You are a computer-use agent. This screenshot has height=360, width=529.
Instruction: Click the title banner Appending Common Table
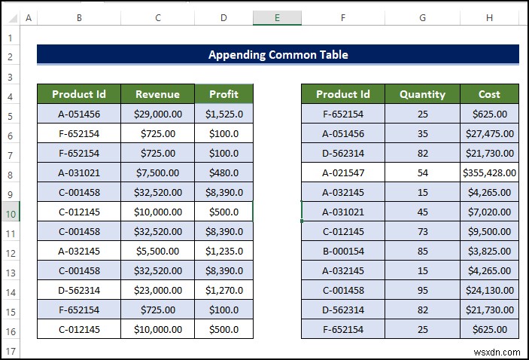click(x=278, y=54)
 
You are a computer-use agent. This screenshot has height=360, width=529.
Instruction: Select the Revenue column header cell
click(x=157, y=94)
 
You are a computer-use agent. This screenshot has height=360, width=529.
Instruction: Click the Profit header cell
click(x=223, y=94)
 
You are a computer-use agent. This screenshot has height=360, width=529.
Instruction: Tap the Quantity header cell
click(x=422, y=94)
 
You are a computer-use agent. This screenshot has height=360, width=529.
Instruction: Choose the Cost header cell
click(x=489, y=94)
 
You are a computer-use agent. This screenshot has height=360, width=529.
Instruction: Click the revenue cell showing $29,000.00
click(x=157, y=114)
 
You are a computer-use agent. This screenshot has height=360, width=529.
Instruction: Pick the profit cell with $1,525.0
click(x=223, y=114)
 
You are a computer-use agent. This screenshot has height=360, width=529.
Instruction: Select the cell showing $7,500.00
click(x=157, y=172)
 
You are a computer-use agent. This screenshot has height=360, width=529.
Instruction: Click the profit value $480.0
click(x=223, y=172)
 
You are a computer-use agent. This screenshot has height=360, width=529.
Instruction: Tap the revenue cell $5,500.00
click(x=157, y=251)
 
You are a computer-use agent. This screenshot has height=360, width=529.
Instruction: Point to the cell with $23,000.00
click(x=157, y=290)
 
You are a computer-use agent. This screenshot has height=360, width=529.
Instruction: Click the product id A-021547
click(x=343, y=172)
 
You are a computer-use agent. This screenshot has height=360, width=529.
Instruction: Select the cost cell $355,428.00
click(x=489, y=172)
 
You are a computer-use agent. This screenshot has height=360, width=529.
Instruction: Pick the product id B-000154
click(x=343, y=251)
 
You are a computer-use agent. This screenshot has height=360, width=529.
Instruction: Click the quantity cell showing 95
click(x=422, y=290)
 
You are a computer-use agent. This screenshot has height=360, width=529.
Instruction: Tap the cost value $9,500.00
click(x=489, y=231)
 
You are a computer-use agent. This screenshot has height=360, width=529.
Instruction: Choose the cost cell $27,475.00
click(x=489, y=134)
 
